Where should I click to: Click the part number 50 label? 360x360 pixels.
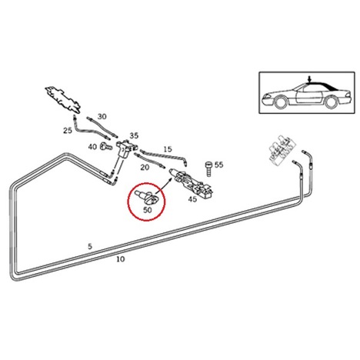click(x=148, y=210)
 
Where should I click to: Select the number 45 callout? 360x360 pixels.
click(x=192, y=199)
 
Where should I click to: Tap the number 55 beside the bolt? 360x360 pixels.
click(x=218, y=165)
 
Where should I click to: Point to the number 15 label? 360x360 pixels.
click(x=168, y=149)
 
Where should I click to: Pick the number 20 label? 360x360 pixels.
click(x=145, y=168)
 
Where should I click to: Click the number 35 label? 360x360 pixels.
click(x=134, y=135)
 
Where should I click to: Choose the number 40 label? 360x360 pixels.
click(x=92, y=147)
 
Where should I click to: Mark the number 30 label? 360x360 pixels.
click(x=102, y=117)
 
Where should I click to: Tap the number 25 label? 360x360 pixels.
click(x=68, y=131)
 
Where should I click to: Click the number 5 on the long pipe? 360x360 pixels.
click(x=90, y=246)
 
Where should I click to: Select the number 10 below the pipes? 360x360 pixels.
click(x=120, y=259)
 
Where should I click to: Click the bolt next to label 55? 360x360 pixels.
click(x=208, y=168)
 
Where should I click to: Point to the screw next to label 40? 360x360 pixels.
click(x=106, y=146)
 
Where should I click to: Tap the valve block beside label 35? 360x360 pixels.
click(x=126, y=148)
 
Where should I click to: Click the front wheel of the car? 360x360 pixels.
click(x=280, y=102)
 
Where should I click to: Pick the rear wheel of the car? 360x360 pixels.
click(x=330, y=102)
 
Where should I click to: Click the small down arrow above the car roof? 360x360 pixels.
click(x=310, y=79)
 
